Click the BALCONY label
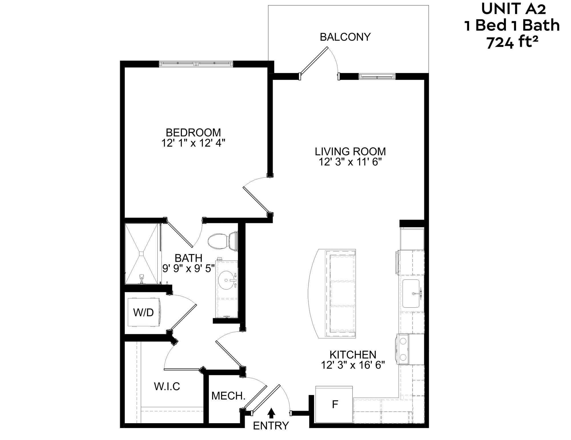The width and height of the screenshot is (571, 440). pyautogui.click(x=345, y=37)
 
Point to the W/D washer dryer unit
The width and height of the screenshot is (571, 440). pyautogui.click(x=144, y=313)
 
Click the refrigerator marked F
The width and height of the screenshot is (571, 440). pyautogui.click(x=334, y=404)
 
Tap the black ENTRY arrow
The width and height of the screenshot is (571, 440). pyautogui.click(x=272, y=412)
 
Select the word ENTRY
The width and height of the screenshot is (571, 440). pyautogui.click(x=271, y=426)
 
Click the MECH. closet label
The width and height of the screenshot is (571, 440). pyautogui.click(x=228, y=396)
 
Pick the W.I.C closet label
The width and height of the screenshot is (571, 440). pyautogui.click(x=167, y=386)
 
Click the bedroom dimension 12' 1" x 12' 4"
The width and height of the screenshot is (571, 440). pyautogui.click(x=194, y=143)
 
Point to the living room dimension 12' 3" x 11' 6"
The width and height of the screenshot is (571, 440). pyautogui.click(x=350, y=162)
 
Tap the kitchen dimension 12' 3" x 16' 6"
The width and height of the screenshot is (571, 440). pyautogui.click(x=353, y=365)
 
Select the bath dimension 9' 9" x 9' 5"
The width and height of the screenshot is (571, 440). pyautogui.click(x=188, y=268)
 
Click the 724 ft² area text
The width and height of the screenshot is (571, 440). pyautogui.click(x=512, y=42)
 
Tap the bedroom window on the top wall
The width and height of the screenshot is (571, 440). pyautogui.click(x=196, y=64)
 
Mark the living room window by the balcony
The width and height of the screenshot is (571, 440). pyautogui.click(x=377, y=76)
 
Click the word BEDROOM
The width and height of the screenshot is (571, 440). pyautogui.click(x=193, y=133)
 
